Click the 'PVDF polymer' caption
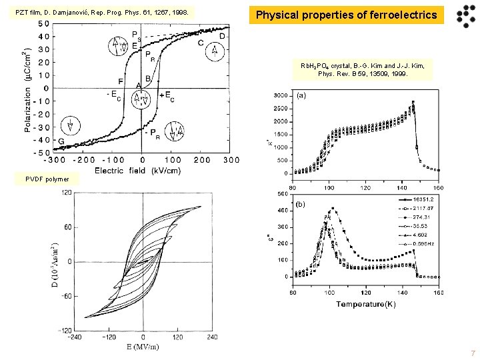click(x=51, y=178)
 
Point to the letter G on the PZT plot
click(x=61, y=141)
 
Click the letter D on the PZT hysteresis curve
click(x=222, y=35)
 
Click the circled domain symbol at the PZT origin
click(x=141, y=101)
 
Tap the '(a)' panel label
click(x=301, y=95)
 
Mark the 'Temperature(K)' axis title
click(x=365, y=305)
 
